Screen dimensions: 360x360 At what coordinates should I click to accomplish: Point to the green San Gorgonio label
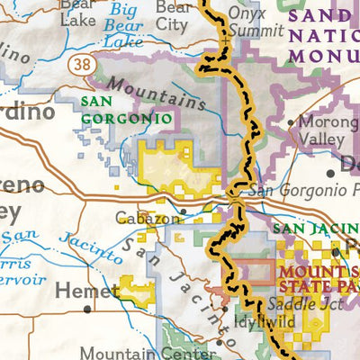[x=126, y=110]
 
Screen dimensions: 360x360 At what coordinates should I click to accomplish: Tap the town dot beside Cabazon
[x=183, y=213]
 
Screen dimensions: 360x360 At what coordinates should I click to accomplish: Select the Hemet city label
[x=86, y=291]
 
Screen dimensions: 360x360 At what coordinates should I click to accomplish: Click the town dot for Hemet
[x=87, y=309]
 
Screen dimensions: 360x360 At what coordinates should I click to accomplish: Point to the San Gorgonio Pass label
[x=297, y=191]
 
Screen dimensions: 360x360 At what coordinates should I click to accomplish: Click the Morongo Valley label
[x=320, y=130]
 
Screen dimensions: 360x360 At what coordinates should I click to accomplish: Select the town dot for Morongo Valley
[x=289, y=121]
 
